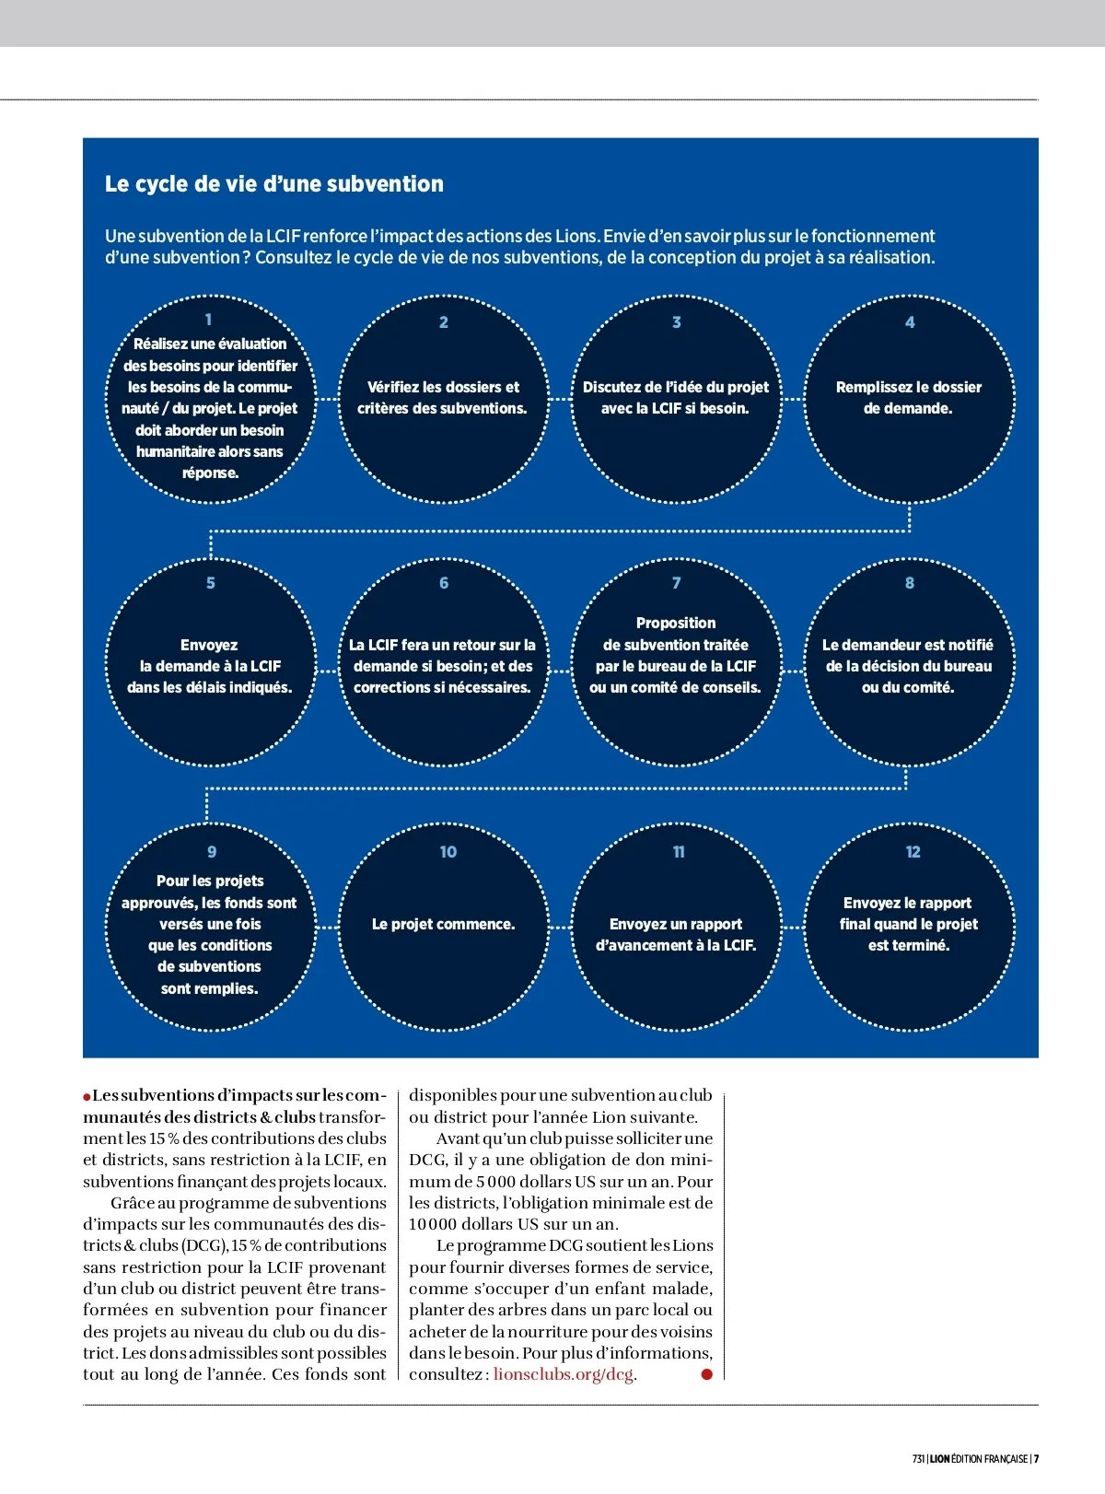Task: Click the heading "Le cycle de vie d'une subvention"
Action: pos(273,184)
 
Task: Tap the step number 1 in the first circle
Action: pos(209,320)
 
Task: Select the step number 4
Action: pos(910,322)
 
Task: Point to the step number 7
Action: pos(677,583)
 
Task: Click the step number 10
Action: pos(448,852)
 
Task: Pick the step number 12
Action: pos(913,852)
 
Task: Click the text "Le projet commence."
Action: pos(443,924)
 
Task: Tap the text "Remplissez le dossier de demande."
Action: pos(909,398)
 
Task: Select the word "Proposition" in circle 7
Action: pos(676,624)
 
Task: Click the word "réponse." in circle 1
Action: pos(210,473)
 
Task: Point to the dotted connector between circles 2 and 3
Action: pos(560,399)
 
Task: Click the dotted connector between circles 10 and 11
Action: pos(560,926)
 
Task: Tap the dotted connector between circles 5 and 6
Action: pos(327,670)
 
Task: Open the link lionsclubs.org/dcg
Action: pos(564,1374)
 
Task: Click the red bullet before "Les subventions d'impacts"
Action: pos(87,1096)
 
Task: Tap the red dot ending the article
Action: pos(707,1374)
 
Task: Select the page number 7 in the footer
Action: pos(1036,1459)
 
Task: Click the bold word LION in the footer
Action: pos(938,1459)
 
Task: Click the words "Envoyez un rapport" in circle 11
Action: pos(676,924)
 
